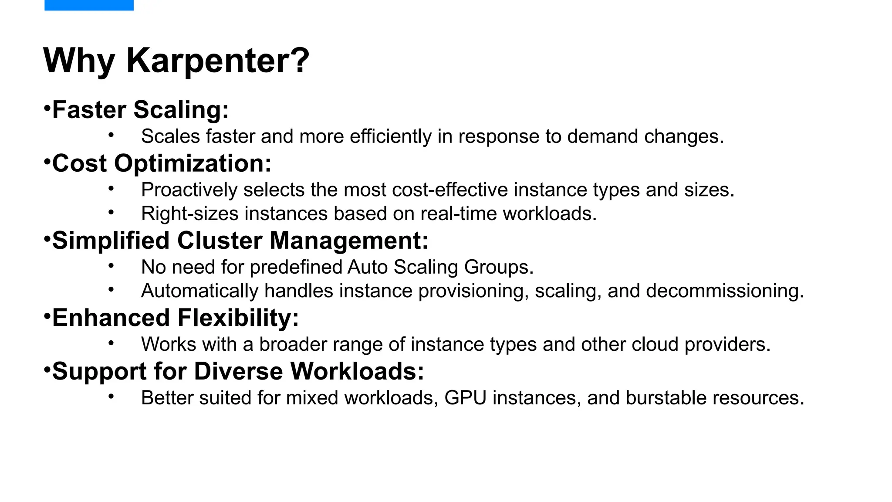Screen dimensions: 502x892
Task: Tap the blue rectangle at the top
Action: click(x=89, y=5)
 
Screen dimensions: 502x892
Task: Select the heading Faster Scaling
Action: click(x=140, y=109)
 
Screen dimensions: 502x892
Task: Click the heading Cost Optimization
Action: click(x=162, y=163)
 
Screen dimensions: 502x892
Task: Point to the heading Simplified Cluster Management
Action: click(x=240, y=241)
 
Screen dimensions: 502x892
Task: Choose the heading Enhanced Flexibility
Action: click(x=175, y=318)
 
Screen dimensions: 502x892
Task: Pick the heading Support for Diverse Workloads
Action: click(x=238, y=371)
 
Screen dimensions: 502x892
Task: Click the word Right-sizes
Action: click(x=190, y=214)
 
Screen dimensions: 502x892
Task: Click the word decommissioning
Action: click(x=725, y=291)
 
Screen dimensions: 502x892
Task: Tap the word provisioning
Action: click(x=473, y=291)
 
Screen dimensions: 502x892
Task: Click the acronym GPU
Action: click(x=465, y=398)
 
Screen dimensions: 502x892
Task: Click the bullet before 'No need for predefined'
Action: click(x=111, y=266)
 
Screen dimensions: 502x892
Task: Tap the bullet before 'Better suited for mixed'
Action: click(x=111, y=397)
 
